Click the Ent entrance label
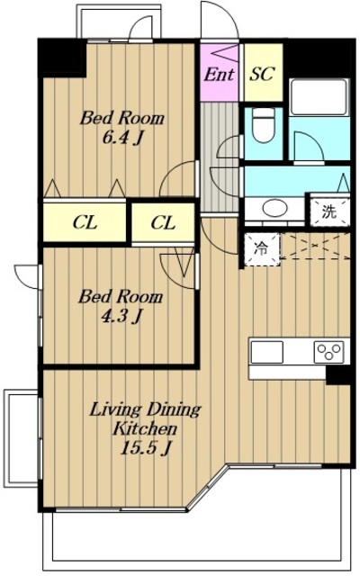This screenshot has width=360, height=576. (x=219, y=75)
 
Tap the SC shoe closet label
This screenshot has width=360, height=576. (x=263, y=74)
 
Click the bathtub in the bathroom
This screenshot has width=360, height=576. (x=319, y=96)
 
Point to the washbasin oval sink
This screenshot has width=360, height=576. (x=274, y=208)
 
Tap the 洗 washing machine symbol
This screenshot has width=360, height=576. (x=328, y=211)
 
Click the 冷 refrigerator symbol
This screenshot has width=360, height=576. (x=262, y=249)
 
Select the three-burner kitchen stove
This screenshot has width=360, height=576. (x=329, y=352)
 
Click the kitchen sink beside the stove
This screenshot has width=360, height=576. (x=267, y=352)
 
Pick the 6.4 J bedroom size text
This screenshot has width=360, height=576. (x=122, y=138)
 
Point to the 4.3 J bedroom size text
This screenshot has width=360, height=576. (x=121, y=316)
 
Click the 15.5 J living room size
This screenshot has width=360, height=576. (x=145, y=448)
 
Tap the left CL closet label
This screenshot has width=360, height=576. (x=85, y=222)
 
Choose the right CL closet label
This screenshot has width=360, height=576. (x=163, y=222)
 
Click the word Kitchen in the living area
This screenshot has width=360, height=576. (x=145, y=428)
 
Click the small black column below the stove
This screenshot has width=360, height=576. (x=338, y=375)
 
